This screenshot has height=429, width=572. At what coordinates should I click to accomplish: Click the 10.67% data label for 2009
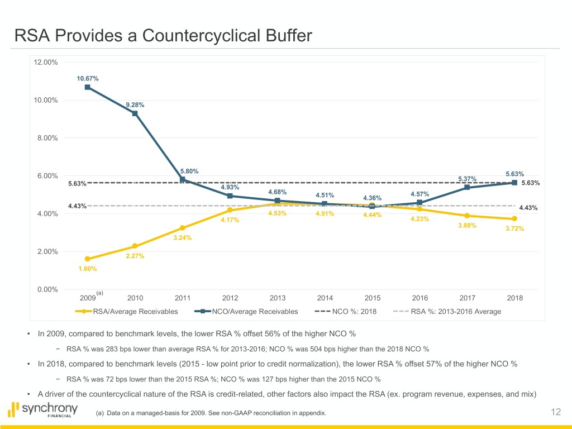pos(88,79)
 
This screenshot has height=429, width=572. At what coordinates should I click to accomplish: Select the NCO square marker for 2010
pos(135,113)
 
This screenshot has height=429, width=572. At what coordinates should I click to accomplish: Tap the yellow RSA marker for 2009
pos(88,259)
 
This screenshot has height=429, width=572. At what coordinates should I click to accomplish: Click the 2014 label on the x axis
pos(325,298)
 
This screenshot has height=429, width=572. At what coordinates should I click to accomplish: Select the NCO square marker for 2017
pos(467,187)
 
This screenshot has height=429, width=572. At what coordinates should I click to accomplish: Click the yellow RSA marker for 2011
pos(183,228)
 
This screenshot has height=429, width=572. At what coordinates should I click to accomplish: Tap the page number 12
pos(555,412)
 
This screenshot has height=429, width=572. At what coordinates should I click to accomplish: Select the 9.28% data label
pos(135,104)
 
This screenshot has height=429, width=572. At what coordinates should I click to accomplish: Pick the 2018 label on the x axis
pos(514,298)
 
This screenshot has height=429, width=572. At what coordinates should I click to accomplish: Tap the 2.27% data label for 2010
pos(135,256)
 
